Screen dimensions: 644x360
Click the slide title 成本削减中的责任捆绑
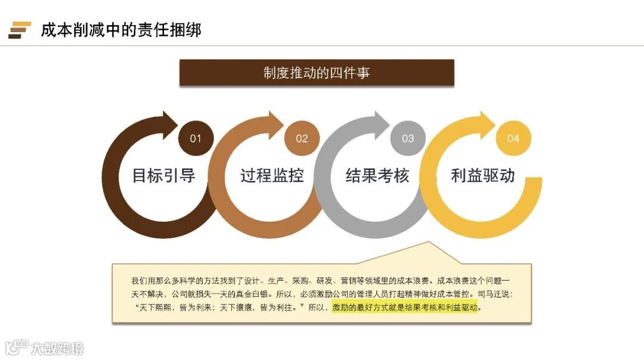[121, 29]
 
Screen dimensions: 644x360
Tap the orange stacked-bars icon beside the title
[20, 30]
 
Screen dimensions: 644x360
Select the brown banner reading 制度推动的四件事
[317, 73]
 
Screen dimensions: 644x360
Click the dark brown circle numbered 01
[196, 139]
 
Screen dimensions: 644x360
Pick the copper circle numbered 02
[302, 139]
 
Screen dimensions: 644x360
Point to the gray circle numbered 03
[408, 139]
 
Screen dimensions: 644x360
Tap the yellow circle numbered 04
[513, 139]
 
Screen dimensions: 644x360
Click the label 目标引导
[163, 176]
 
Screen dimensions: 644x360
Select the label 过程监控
[272, 176]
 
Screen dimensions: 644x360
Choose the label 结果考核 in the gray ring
[377, 176]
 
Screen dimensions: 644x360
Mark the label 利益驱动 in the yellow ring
[483, 176]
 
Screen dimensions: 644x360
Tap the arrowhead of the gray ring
[381, 123]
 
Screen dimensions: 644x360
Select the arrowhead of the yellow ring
[487, 123]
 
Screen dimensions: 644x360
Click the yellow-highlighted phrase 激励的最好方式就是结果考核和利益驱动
[406, 308]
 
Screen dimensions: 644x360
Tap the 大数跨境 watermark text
[58, 348]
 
